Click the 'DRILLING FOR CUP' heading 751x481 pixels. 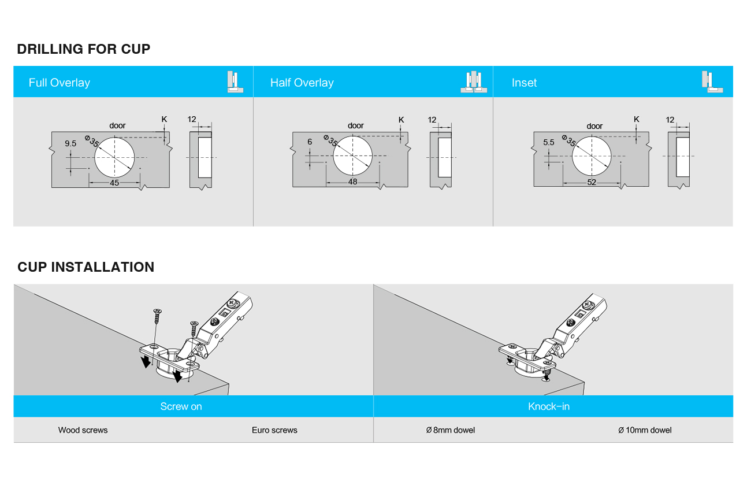(84, 49)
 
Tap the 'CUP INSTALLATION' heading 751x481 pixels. (86, 267)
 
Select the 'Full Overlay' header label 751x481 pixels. (60, 83)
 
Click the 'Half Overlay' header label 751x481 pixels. (302, 83)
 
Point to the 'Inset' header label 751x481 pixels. (524, 83)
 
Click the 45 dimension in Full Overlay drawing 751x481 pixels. (114, 183)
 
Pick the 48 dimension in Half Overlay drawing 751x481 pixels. (353, 182)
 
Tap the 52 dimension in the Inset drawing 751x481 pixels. (592, 182)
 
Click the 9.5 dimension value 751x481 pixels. (70, 143)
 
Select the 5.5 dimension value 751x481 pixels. (548, 143)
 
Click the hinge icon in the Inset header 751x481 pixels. (712, 82)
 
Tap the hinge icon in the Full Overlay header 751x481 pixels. (235, 82)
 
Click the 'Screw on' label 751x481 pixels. (181, 406)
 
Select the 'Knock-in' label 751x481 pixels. (549, 406)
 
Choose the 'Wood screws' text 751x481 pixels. (83, 430)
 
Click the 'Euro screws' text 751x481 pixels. (274, 430)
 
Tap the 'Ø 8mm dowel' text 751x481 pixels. (451, 430)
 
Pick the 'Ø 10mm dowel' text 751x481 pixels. (645, 430)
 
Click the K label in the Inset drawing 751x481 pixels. (637, 120)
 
